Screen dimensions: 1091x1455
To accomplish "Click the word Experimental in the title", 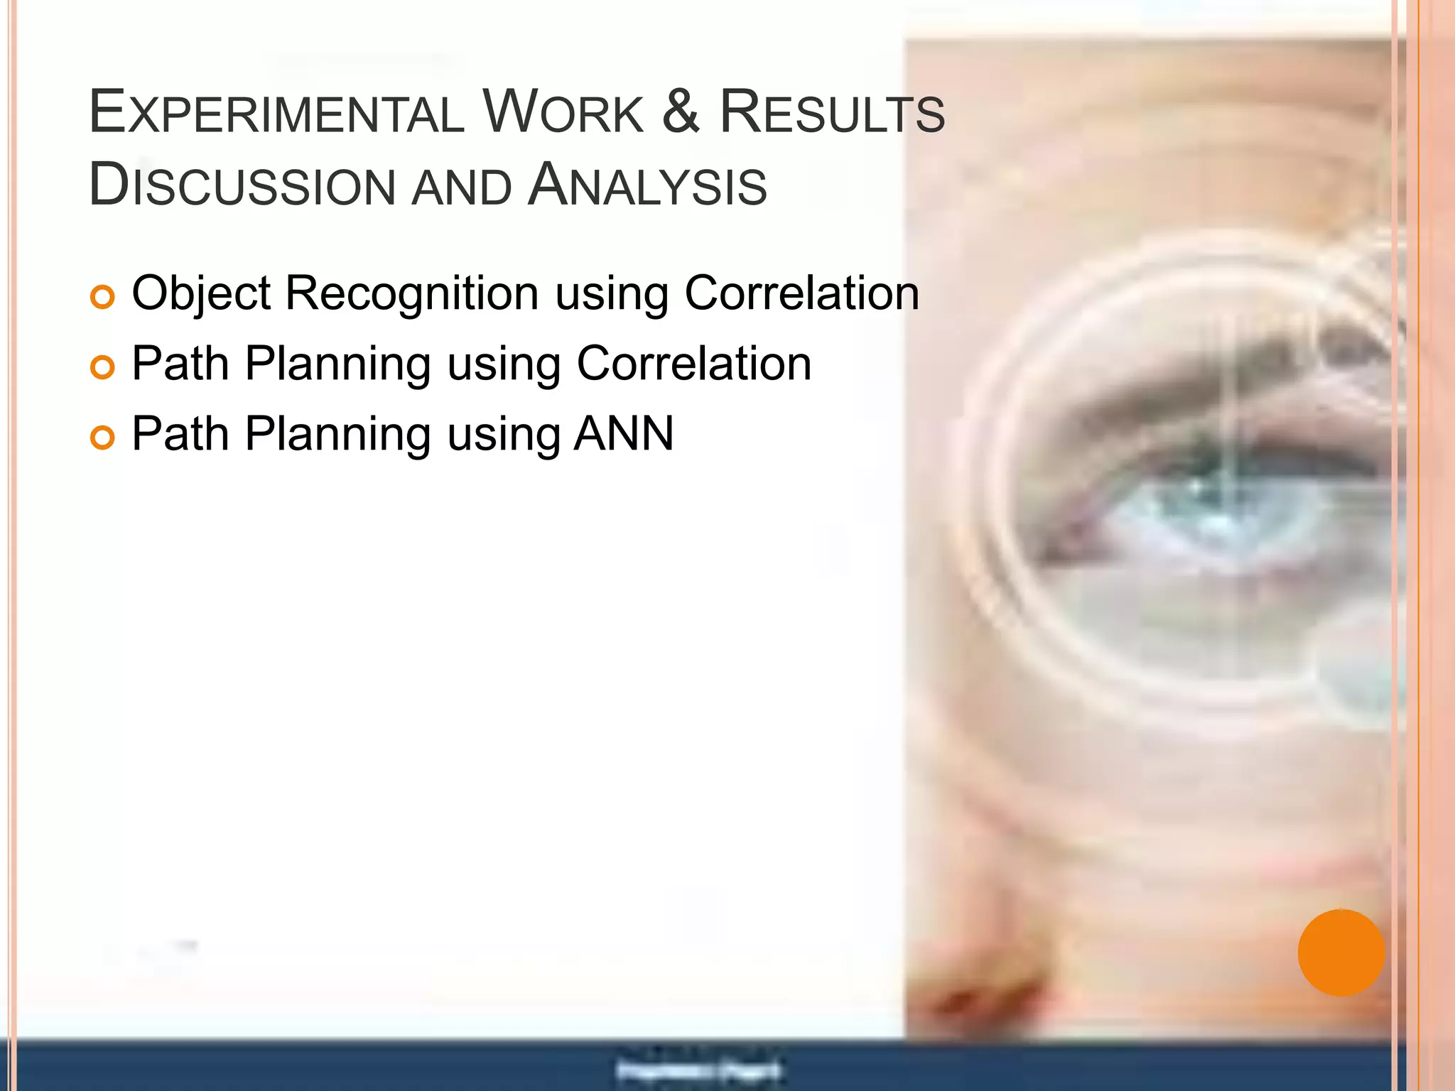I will tap(277, 114).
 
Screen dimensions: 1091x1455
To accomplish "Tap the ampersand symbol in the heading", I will tap(681, 112).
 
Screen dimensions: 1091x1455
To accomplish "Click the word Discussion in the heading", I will tap(242, 186).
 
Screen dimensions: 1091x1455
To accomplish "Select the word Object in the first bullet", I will tap(201, 293).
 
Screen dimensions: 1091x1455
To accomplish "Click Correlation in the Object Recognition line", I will tap(801, 293).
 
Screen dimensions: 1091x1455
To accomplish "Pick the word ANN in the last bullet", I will tap(624, 434).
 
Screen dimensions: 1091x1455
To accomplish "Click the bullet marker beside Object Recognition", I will tap(103, 297).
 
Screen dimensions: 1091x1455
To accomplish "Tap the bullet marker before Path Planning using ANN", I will tap(103, 438).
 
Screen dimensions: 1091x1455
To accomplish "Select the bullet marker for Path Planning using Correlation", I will tap(103, 367).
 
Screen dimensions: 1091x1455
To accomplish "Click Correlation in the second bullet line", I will tap(693, 364).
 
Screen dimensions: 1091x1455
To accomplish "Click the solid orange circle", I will tap(1341, 952).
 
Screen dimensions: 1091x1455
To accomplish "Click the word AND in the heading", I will tap(462, 188).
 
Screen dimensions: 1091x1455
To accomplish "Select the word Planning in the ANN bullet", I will tap(337, 434).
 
